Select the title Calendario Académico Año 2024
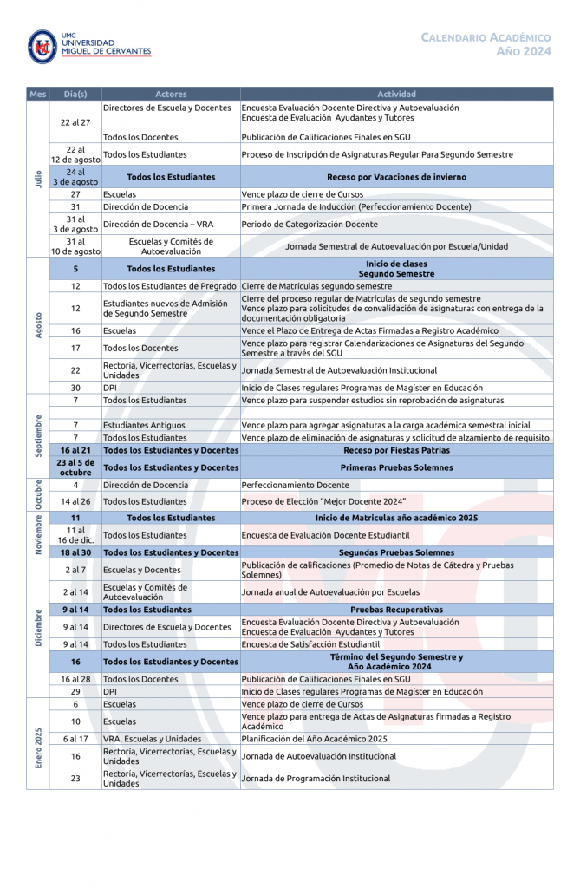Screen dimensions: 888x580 [x=486, y=44]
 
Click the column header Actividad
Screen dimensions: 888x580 [x=396, y=94]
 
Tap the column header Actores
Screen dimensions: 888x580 [x=171, y=94]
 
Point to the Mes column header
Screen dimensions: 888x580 [x=38, y=94]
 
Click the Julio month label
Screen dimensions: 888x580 [x=38, y=178]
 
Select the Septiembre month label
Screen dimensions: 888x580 [x=38, y=435]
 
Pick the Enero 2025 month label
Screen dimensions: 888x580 [x=38, y=743]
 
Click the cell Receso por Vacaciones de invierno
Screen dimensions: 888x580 [x=396, y=177]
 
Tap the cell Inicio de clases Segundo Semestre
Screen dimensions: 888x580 [x=396, y=269]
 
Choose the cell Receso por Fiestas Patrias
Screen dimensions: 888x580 [x=396, y=450]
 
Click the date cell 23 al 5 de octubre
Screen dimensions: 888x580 [x=75, y=467]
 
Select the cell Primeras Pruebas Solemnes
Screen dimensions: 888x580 [x=396, y=467]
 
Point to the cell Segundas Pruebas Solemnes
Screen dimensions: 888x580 [x=396, y=552]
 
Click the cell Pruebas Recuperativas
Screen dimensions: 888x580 [x=396, y=610]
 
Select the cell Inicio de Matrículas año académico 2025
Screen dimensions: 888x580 [x=396, y=518]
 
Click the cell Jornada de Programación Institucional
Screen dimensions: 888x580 [x=316, y=779]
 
